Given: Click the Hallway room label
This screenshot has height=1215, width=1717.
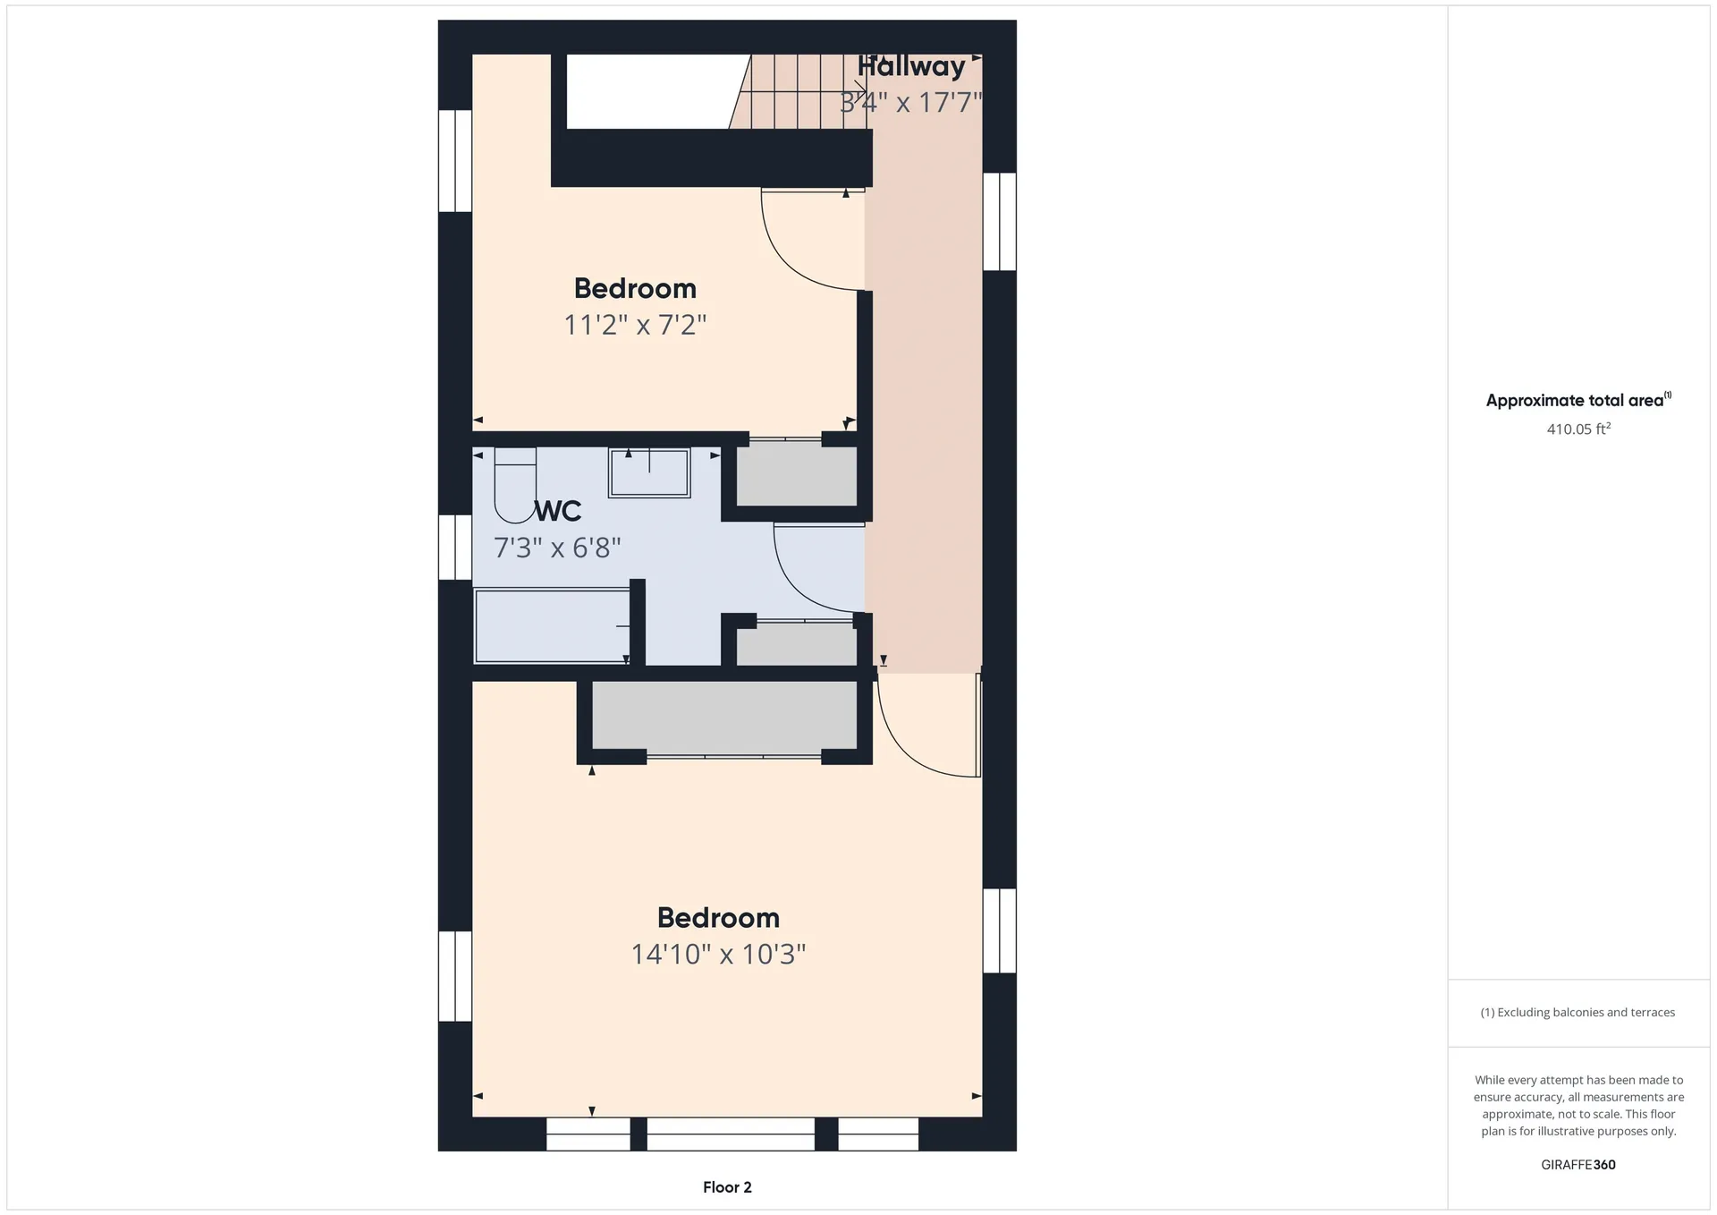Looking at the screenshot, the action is coord(911,66).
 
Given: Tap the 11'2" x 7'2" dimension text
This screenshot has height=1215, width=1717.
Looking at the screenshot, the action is coord(635,324).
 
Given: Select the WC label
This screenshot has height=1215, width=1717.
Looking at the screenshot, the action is coord(558,511).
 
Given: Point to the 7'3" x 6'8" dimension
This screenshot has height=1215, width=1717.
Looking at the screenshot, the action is coord(557,547).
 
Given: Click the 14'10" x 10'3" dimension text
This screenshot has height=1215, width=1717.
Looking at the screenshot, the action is coord(719,954).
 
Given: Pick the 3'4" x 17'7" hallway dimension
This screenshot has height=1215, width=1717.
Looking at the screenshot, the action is coord(911,102).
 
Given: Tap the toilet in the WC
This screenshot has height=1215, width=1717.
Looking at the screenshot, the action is coord(515,485).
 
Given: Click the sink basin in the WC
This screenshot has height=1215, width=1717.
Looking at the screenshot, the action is coord(649,472).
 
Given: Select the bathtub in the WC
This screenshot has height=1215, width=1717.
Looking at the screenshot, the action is coord(552,625).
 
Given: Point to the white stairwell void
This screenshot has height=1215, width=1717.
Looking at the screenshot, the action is coord(658,91).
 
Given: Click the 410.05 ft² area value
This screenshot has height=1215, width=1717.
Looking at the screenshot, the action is coord(1578,429).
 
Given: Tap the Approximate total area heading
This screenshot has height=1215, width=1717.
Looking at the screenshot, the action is coord(1578,400).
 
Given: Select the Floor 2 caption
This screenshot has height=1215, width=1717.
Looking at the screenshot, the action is coord(727,1187).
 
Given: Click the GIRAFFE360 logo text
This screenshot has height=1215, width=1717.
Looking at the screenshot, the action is coord(1578,1165).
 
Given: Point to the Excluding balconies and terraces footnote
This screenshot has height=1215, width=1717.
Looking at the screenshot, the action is coord(1578,1013).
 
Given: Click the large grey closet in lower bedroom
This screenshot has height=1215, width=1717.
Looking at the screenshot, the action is coord(724,716).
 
